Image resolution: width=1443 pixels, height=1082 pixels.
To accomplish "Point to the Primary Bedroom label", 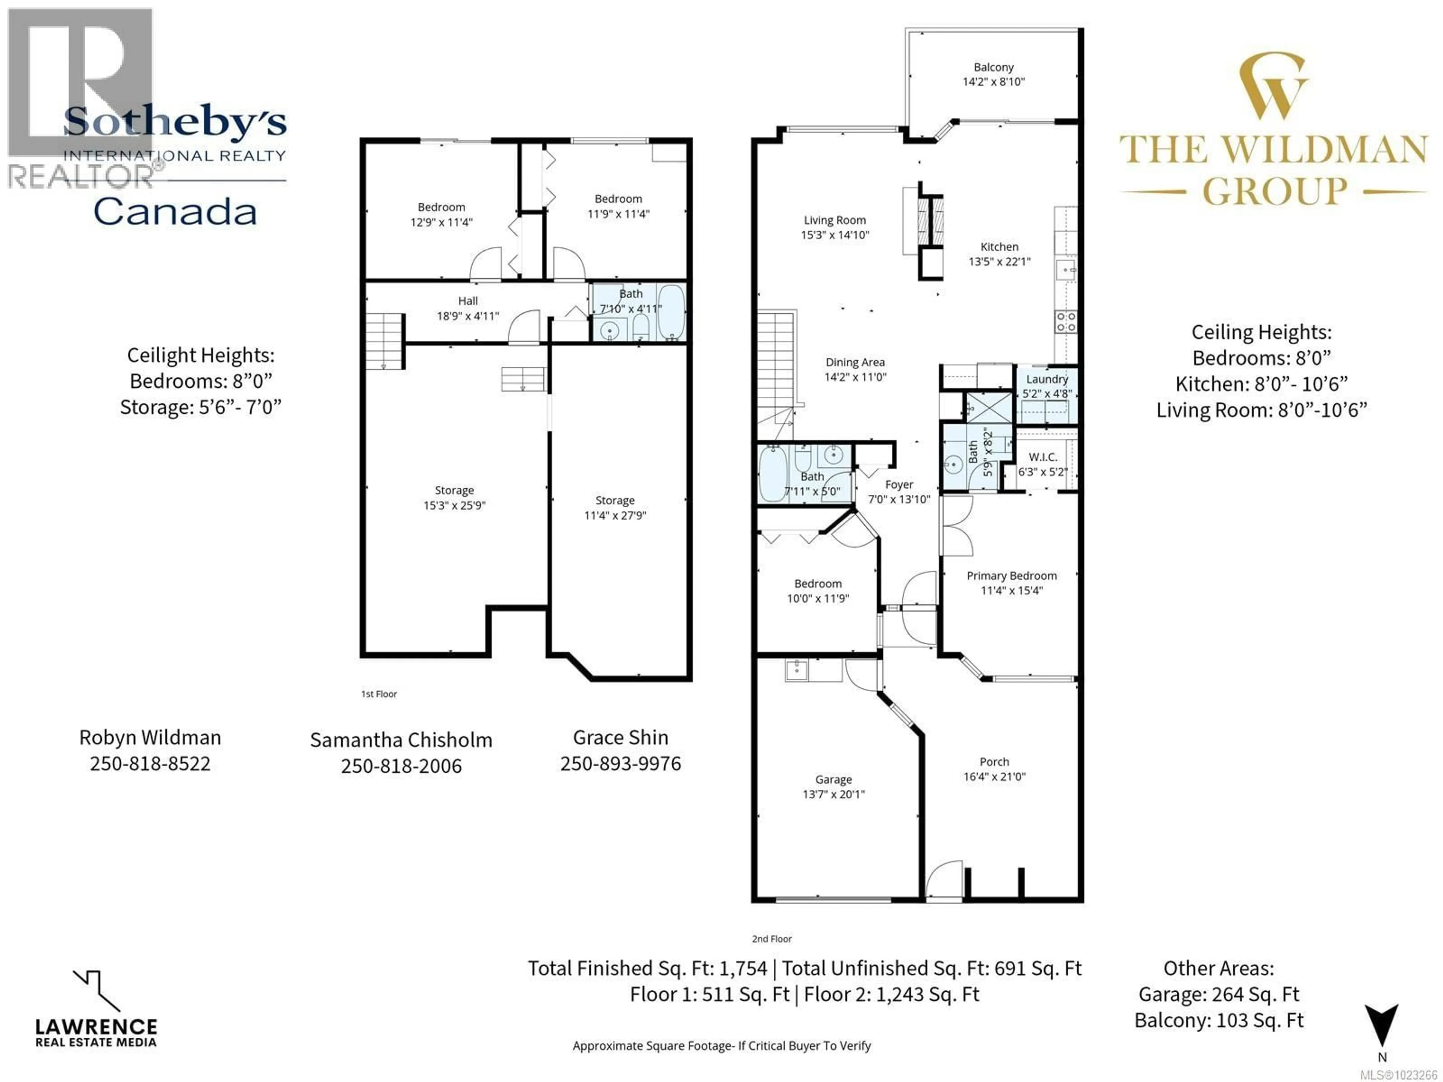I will (1011, 576).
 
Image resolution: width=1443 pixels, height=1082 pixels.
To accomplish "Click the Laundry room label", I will (1047, 379).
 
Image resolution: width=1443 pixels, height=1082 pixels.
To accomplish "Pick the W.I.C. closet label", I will (1042, 457).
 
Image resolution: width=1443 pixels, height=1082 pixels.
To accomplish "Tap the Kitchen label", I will (999, 246).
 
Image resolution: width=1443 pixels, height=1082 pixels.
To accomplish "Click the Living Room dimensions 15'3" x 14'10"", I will (835, 235).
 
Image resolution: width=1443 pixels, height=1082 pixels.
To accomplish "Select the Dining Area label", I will (855, 362).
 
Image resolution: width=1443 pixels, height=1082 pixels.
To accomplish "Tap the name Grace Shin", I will (620, 737).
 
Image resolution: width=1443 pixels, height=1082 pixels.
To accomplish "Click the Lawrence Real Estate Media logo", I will (96, 1009).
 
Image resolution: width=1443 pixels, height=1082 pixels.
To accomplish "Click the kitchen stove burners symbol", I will (1066, 322).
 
